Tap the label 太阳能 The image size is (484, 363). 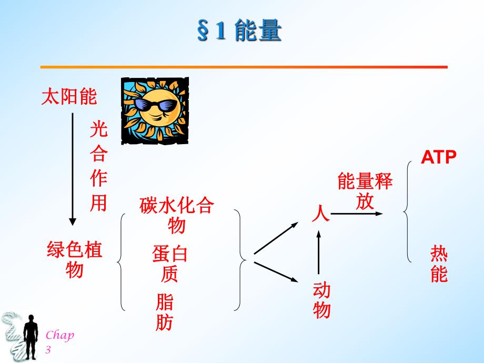pyautogui.click(x=69, y=97)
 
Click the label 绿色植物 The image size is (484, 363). pyautogui.click(x=75, y=259)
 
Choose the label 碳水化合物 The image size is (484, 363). pyautogui.click(x=177, y=215)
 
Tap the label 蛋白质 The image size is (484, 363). pyautogui.click(x=170, y=263)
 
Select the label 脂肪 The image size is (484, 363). pyautogui.click(x=164, y=312)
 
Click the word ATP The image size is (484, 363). pyautogui.click(x=438, y=157)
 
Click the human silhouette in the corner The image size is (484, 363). pyautogui.click(x=31, y=337)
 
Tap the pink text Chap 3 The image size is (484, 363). pyautogui.click(x=59, y=342)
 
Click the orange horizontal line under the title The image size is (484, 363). pyautogui.click(x=244, y=67)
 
